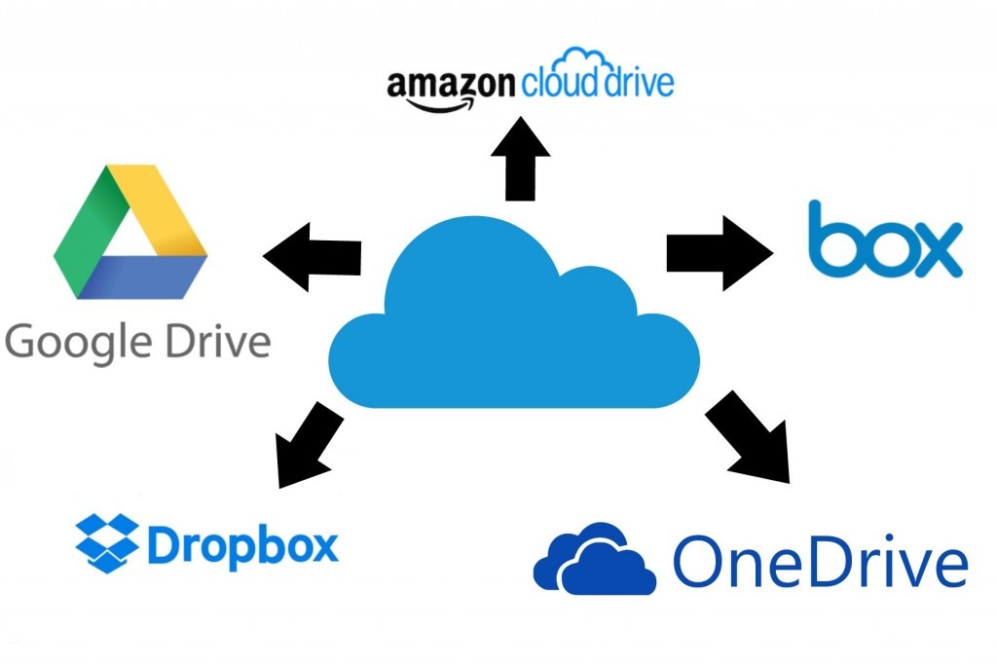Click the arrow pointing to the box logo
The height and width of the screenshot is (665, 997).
pos(719,253)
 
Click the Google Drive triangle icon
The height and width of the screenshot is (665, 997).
pos(129,234)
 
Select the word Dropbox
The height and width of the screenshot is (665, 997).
pos(242,545)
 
